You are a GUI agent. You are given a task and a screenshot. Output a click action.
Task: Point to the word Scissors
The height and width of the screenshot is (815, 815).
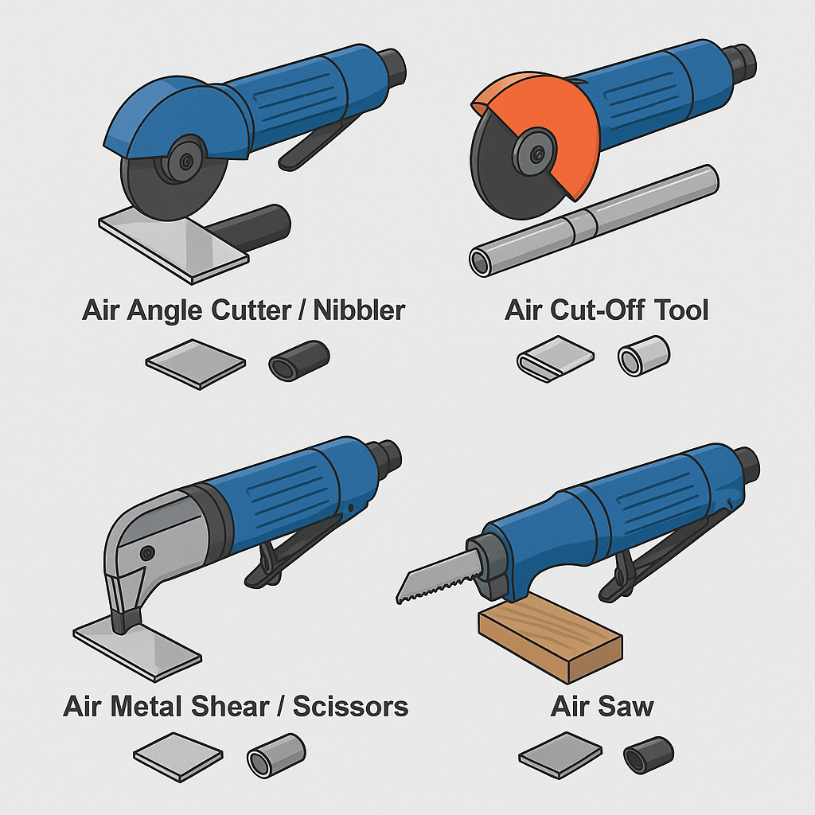(x=350, y=706)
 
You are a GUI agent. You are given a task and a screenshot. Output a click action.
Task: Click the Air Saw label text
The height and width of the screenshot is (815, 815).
(x=602, y=706)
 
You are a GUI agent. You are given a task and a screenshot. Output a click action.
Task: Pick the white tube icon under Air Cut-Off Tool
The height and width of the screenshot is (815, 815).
(x=644, y=356)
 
